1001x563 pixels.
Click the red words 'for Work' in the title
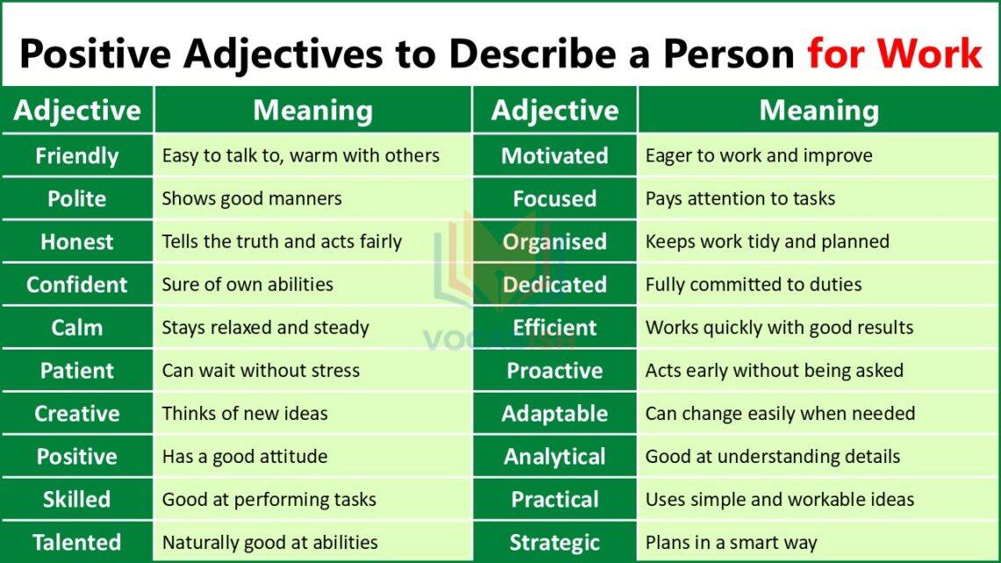(894, 54)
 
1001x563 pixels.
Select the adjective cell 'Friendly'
(77, 156)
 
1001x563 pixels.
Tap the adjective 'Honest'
(77, 242)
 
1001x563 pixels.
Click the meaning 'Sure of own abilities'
(248, 285)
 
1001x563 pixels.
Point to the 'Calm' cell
(77, 328)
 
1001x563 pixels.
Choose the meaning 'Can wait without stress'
(261, 371)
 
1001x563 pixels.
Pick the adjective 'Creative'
(77, 414)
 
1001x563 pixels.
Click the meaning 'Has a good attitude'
(245, 457)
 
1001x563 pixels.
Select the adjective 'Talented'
(77, 543)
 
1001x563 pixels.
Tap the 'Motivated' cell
(555, 156)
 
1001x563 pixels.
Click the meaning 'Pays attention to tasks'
(740, 198)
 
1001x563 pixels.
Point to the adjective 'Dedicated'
(555, 285)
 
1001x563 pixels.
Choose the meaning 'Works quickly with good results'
(780, 328)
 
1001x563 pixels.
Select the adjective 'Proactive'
(555, 371)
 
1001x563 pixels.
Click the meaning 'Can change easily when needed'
(781, 414)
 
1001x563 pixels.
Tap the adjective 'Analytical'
(555, 457)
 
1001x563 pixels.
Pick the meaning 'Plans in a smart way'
(731, 543)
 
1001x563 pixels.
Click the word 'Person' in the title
(728, 54)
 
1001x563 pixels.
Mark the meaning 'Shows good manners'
(252, 198)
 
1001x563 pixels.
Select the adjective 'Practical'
(555, 500)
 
